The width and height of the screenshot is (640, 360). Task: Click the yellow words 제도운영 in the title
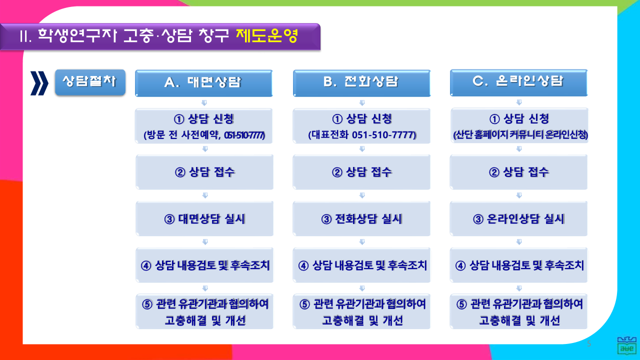coord(267,36)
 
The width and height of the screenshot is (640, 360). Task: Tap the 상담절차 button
coord(90,82)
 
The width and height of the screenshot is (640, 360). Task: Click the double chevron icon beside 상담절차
coord(39,83)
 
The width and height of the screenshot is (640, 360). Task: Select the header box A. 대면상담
coord(204,83)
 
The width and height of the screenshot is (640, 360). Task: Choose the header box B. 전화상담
coord(361,83)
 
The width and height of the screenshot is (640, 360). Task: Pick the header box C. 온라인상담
coord(519,82)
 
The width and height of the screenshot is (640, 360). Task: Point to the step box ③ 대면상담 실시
coord(204,218)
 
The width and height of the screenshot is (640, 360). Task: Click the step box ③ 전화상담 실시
coord(361,218)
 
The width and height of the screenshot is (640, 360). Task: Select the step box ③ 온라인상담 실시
coord(519,218)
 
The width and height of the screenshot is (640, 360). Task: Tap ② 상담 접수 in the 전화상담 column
coord(361,172)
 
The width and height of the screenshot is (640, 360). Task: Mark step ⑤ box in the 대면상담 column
coord(204,311)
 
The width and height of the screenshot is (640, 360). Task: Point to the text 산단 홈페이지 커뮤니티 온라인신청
coord(520,134)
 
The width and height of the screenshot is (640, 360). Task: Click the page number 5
coord(589,343)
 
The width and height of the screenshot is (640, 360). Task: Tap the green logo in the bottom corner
coord(627,345)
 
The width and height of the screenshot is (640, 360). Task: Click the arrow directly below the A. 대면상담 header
coord(204,102)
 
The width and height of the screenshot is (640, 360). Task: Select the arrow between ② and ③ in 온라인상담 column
coord(519,195)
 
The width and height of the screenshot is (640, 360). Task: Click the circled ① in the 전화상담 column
coord(337,119)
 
